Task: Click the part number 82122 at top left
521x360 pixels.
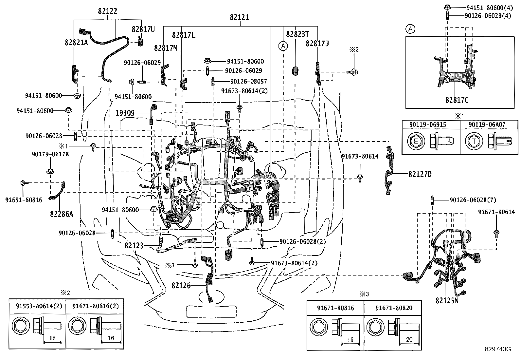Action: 107,11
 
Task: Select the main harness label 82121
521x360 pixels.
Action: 239,17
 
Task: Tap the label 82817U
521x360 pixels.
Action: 143,29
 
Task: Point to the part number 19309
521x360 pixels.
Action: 125,113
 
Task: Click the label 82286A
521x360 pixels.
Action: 62,214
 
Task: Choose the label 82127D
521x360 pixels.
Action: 420,174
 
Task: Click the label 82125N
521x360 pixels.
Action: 447,301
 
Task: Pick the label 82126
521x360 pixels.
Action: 181,286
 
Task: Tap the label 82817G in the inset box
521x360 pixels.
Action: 457,100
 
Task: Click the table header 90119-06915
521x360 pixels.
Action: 428,124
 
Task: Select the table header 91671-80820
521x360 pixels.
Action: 394,308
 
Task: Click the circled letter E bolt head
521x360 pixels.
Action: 416,141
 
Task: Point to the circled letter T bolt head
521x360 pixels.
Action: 474,141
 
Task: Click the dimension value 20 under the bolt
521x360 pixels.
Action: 409,339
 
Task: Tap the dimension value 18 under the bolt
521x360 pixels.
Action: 53,338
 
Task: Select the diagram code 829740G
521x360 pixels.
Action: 498,349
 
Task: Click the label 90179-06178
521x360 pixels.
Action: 50,154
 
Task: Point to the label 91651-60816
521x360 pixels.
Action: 24,200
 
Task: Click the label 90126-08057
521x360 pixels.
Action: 249,81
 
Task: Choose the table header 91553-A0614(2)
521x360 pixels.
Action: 39,306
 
